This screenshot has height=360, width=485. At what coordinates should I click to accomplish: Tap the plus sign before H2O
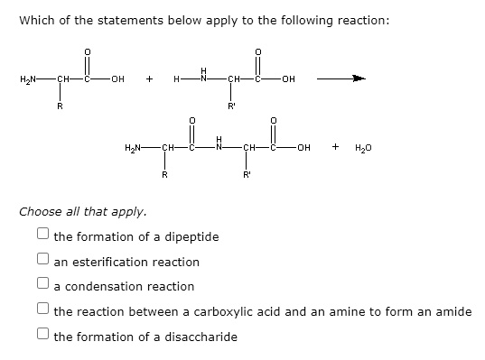click(336, 145)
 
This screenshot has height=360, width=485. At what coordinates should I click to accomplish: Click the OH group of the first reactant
click(117, 79)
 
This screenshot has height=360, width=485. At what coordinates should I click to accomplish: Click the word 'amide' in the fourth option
click(452, 311)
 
